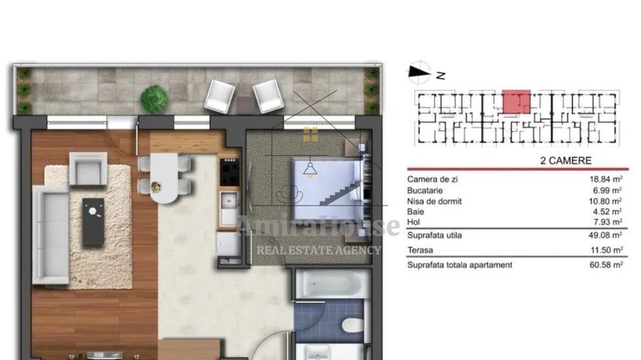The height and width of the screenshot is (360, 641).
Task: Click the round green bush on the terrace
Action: tap(154, 99)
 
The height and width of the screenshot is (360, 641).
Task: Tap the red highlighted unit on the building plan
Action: tap(517, 102)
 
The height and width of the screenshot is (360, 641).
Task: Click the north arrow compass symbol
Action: tap(419, 70)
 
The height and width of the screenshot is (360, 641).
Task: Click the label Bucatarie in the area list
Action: tap(425, 191)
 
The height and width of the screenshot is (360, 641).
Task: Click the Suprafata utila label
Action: tap(434, 235)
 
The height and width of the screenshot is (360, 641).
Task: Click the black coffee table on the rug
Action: tap(94, 222)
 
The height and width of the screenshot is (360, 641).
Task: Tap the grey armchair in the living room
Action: tap(88, 169)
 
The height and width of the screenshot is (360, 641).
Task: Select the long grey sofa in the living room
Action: tap(50, 234)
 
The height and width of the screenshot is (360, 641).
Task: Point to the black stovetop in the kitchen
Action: tap(230, 171)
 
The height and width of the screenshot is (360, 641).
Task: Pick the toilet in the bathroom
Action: tap(352, 325)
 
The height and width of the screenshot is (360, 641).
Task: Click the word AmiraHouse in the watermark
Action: tap(318, 226)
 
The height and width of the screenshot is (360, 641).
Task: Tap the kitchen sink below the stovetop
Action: tap(229, 201)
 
